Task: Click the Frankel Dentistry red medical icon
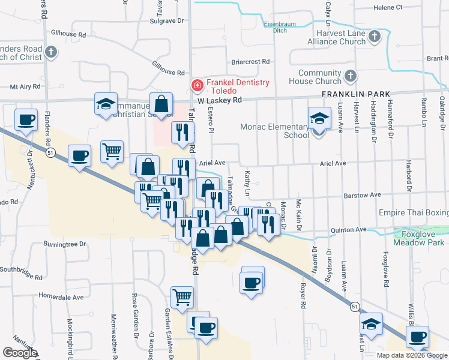(x=196, y=86)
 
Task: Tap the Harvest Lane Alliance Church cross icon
(x=374, y=37)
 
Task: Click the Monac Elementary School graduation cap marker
(x=319, y=118)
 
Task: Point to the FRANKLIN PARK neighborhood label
(x=356, y=94)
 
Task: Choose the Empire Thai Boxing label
(x=414, y=213)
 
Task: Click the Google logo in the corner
(x=20, y=353)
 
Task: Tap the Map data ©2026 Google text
(x=412, y=355)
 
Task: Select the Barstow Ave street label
(x=362, y=195)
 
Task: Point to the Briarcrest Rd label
(x=250, y=62)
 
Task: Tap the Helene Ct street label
(x=405, y=7)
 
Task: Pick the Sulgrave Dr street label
(x=166, y=20)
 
